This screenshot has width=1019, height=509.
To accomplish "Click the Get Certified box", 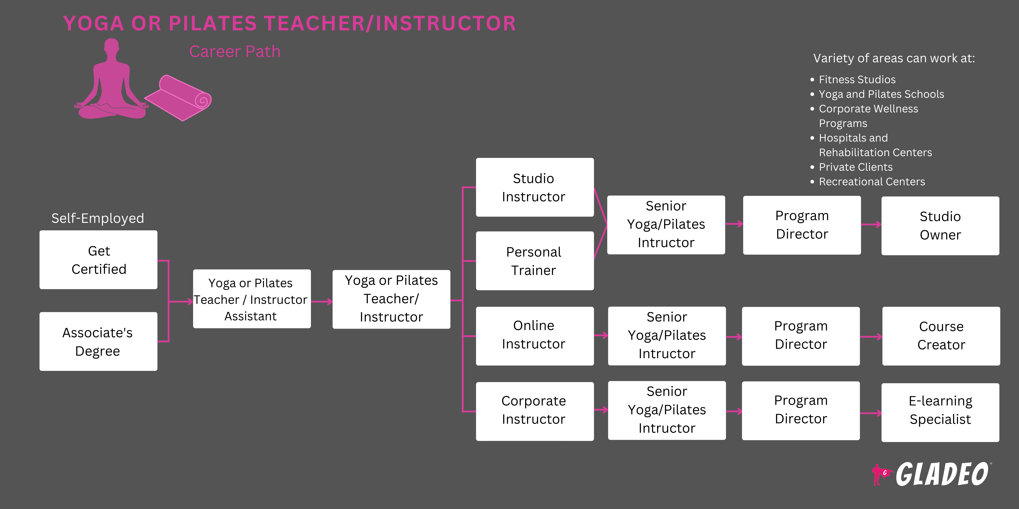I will (98, 260).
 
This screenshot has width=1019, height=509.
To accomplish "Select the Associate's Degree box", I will (98, 341).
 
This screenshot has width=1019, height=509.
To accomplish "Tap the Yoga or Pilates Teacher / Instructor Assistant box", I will (252, 299).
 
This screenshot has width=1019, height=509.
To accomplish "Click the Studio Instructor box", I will (534, 187).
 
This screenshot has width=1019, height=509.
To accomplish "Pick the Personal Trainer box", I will (534, 261).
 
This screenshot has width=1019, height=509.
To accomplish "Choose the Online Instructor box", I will (534, 336).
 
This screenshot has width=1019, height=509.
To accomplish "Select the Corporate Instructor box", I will (534, 411).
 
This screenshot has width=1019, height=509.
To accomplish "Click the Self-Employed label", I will (98, 218).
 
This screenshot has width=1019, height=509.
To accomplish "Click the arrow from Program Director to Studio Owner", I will (871, 224).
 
